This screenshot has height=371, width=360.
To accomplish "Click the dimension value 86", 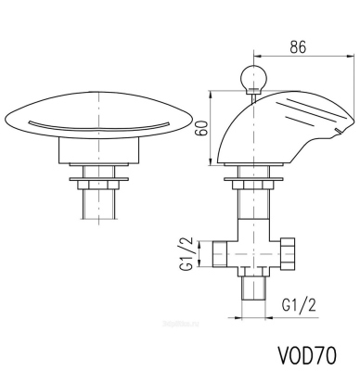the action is (298, 47).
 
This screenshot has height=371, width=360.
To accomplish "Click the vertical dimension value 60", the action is (202, 128).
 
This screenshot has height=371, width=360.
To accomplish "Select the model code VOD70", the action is (307, 355).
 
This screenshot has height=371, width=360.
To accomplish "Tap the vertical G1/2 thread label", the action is (186, 253).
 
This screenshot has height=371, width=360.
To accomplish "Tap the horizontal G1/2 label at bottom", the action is (299, 305).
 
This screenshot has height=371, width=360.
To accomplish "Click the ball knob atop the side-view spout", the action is (253, 77).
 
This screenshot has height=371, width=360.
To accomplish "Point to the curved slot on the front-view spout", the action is (99, 126).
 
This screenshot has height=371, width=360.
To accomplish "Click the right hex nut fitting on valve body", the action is (287, 253).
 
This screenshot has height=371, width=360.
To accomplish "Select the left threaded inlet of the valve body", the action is (220, 253).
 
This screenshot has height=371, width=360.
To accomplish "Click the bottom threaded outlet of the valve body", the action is (253, 288).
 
